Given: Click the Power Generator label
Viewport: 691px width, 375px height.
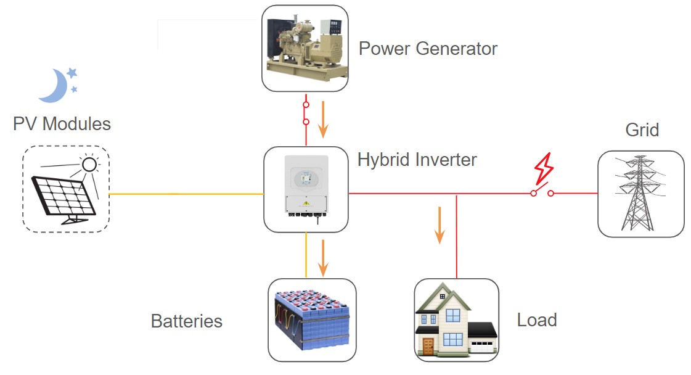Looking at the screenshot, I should click(428, 48).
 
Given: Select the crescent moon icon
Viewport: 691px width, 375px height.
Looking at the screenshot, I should click(54, 86).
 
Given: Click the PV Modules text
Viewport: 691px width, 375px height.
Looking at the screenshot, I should click(62, 124).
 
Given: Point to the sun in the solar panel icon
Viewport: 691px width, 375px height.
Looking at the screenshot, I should click(90, 164).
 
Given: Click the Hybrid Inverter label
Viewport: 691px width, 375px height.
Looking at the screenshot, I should click(417, 160).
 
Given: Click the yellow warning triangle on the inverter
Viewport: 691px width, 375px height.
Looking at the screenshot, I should click(306, 202).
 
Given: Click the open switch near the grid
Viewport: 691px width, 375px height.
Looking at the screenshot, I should click(542, 192).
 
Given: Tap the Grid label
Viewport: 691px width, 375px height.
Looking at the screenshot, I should click(642, 130).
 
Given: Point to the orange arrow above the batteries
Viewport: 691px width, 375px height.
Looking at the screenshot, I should click(322, 257).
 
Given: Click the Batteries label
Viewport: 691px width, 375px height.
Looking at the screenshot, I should click(186, 321).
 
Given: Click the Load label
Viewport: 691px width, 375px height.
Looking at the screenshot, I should click(537, 320).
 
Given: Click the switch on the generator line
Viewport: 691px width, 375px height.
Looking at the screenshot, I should click(306, 113).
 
